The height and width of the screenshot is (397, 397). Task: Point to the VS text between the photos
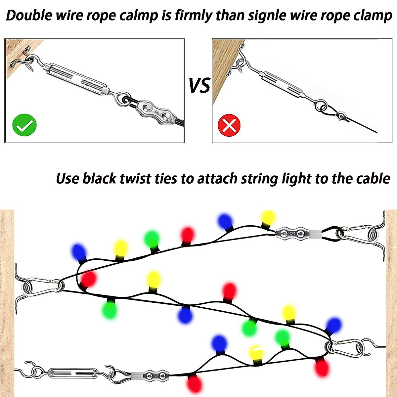coord(199,85)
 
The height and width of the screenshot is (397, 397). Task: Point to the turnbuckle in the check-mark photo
coord(77,78)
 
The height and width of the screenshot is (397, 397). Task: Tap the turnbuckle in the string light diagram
coord(73,373)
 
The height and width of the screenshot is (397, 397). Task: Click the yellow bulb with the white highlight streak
coord(256,353)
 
